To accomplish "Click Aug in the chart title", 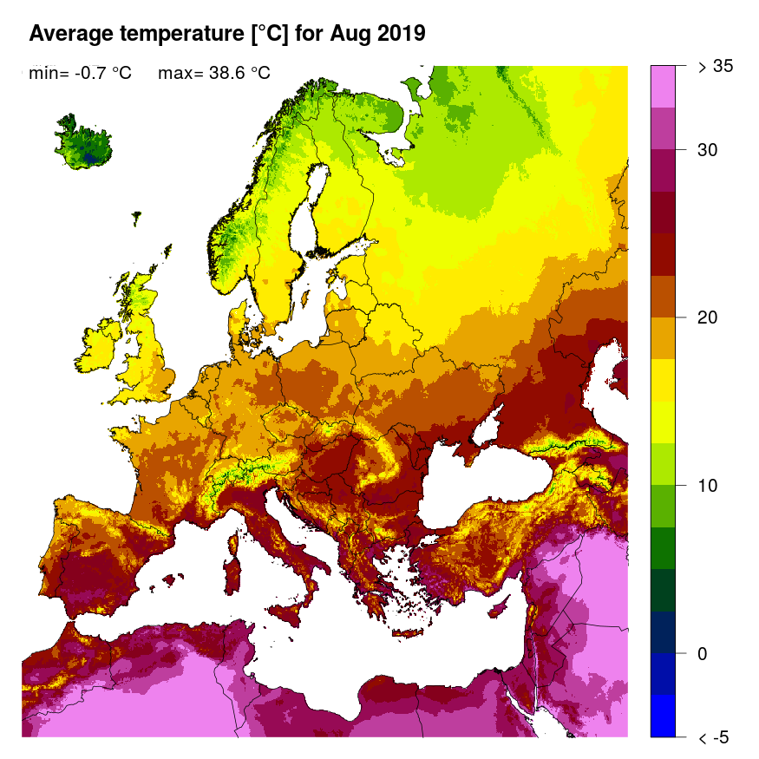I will [x=349, y=34].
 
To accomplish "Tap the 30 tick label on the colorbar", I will [x=708, y=150].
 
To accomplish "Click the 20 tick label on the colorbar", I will [x=708, y=317].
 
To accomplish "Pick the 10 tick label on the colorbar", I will [x=708, y=485].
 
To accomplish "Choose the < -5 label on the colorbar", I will [x=714, y=737].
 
